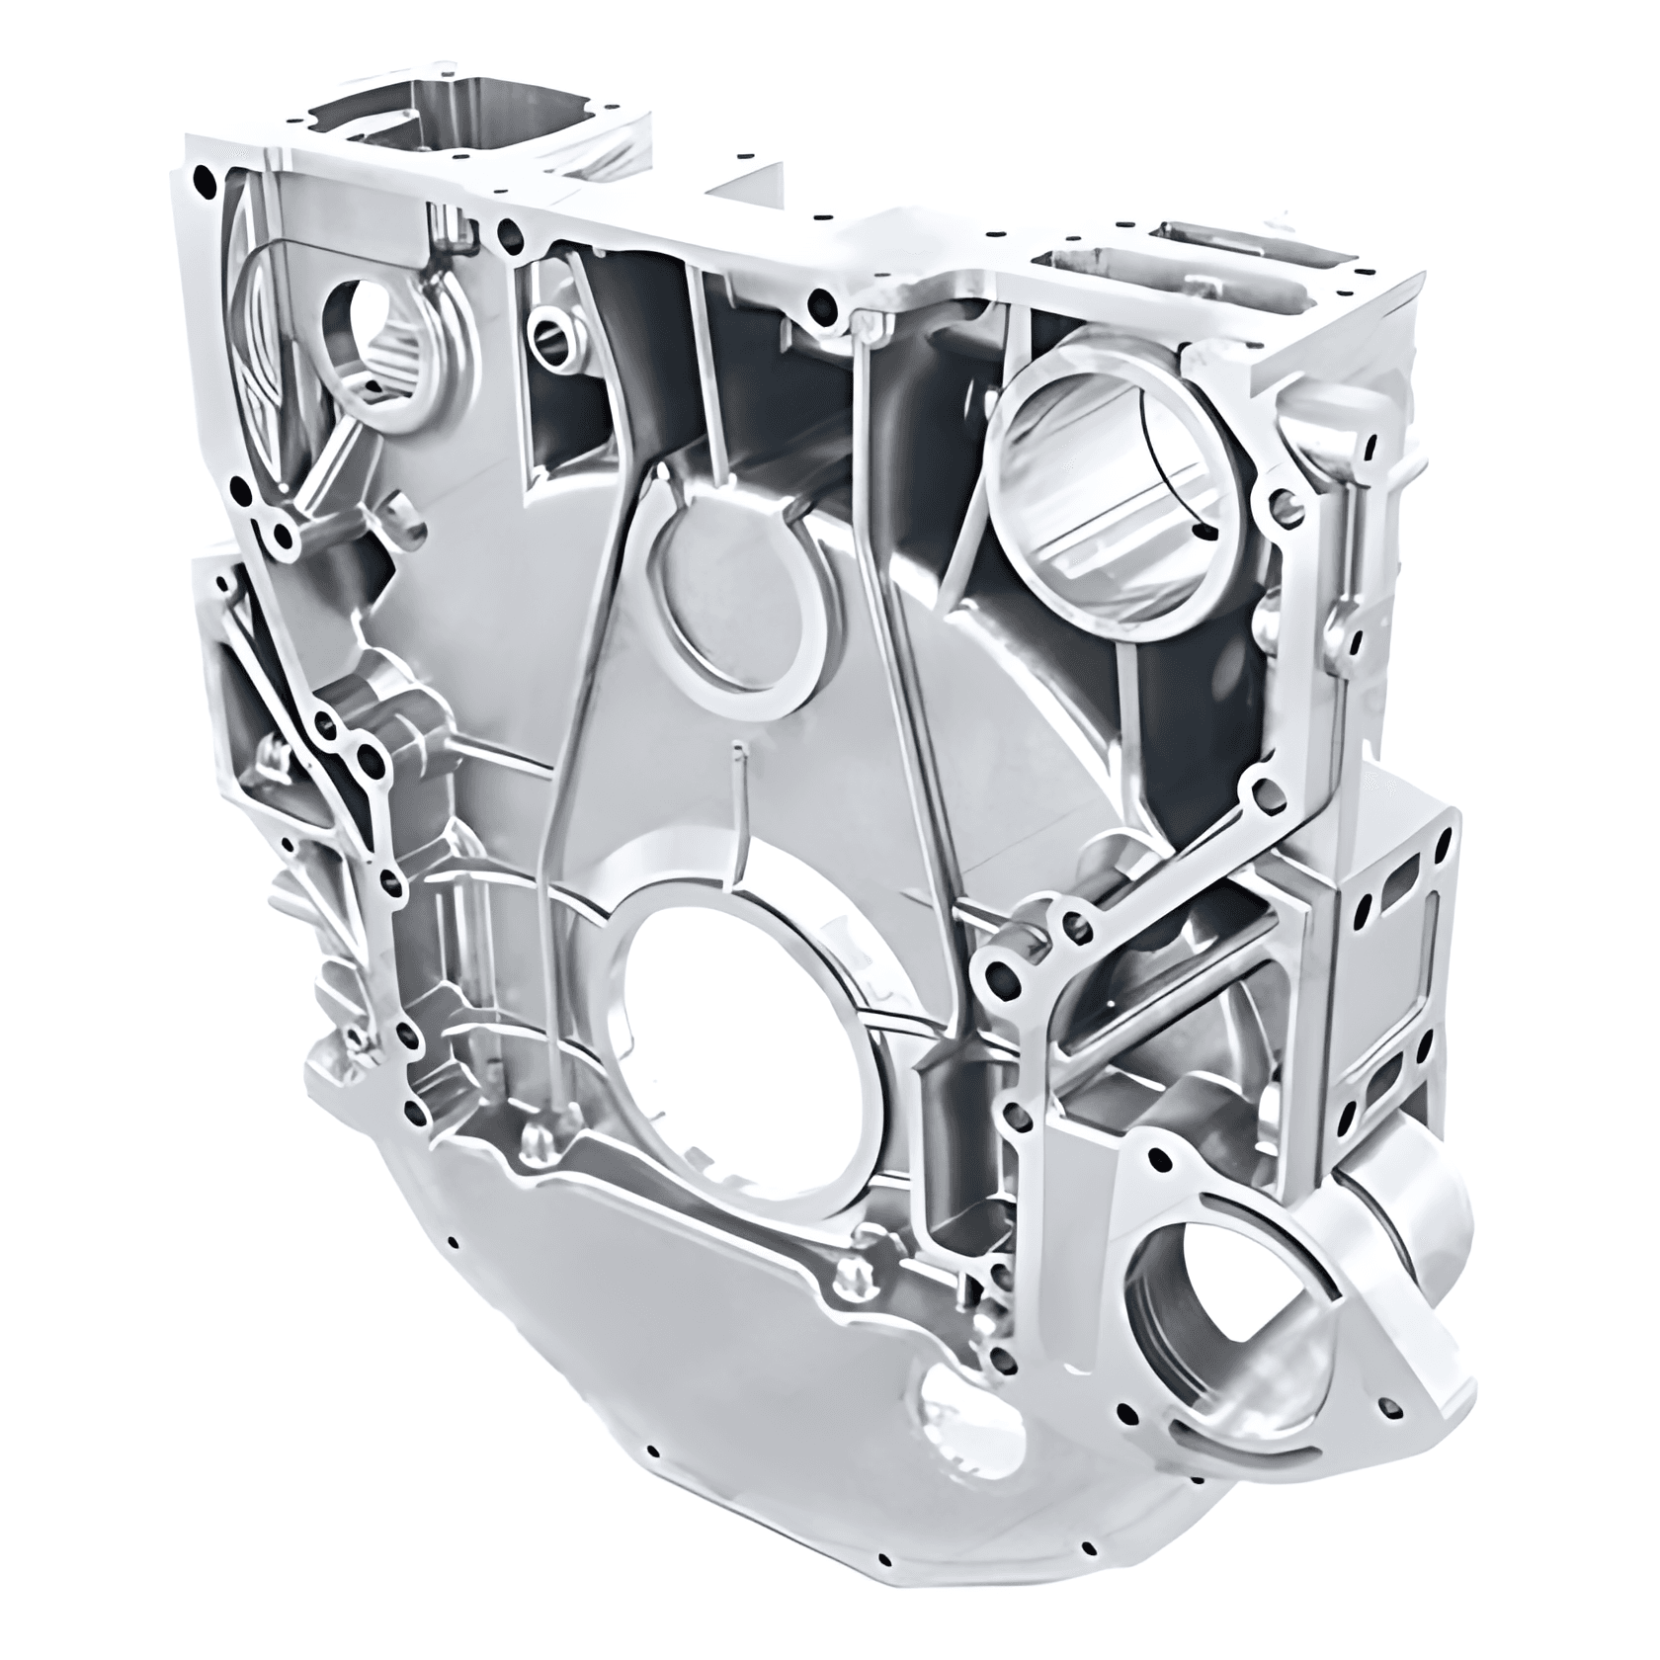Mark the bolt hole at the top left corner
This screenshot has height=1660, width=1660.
206,183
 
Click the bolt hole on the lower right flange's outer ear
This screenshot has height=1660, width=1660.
1393,1403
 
